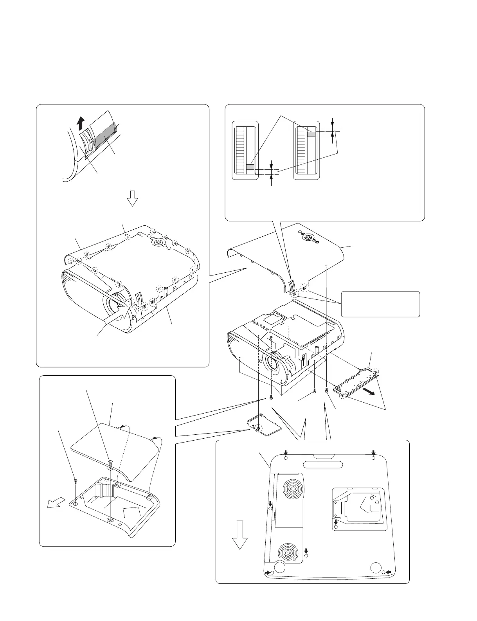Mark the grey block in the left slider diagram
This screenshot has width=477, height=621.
tap(250, 168)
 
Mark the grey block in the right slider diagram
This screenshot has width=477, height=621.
tap(311, 134)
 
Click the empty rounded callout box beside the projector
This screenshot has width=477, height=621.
tap(380, 304)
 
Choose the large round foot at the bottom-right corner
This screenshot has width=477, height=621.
tap(376, 567)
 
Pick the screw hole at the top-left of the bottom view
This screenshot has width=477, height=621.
tap(286, 458)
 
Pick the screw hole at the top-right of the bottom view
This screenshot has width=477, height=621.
tap(373, 458)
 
